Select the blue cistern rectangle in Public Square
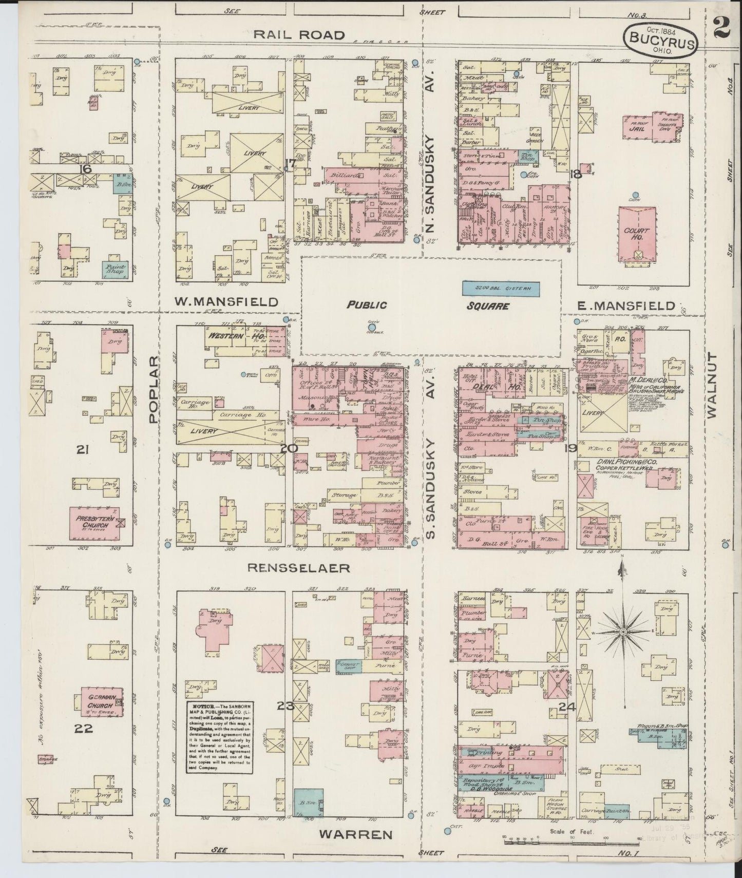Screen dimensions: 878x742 click(501, 289)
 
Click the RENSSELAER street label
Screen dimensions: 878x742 click(298, 567)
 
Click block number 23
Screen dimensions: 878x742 click(285, 706)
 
